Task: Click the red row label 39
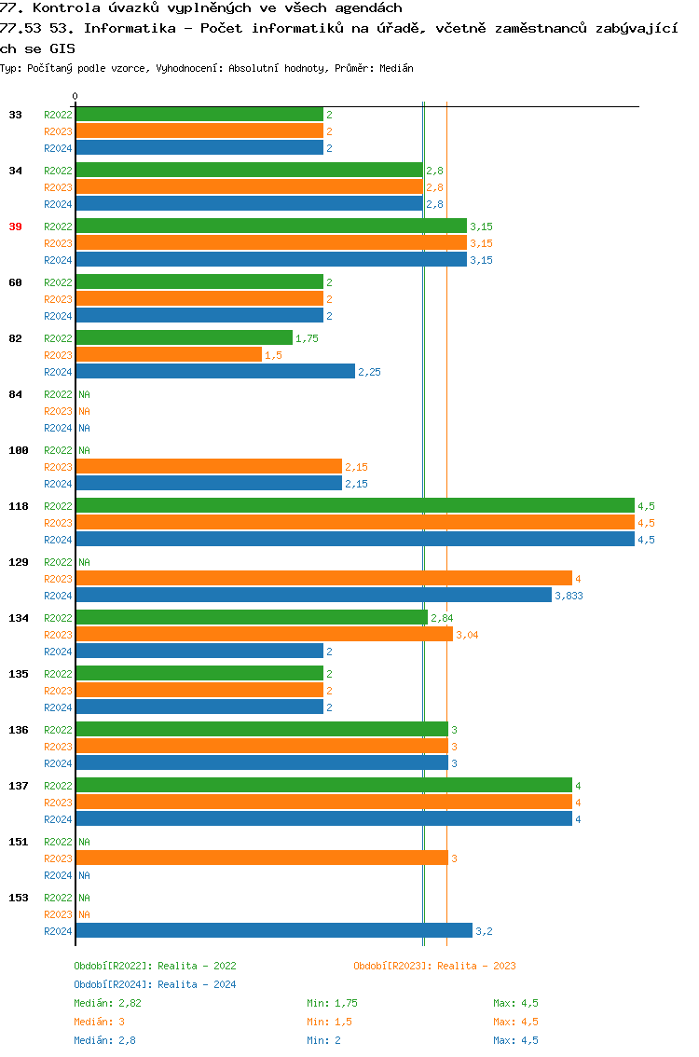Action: coord(15,226)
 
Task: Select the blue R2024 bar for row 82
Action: coord(215,372)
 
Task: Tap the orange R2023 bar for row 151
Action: coord(262,858)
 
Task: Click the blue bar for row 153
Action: coord(274,931)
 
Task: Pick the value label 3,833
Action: coord(569,596)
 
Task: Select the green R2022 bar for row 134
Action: coord(252,618)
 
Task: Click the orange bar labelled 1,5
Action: coord(169,355)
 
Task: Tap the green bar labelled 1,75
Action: coord(184,338)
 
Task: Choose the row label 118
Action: coord(19,506)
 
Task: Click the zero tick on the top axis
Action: coord(75,96)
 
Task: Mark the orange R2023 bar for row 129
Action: coord(323,579)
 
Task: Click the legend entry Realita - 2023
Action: coord(434,966)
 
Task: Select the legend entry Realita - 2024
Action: coord(155,984)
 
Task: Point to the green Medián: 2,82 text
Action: coord(107,1003)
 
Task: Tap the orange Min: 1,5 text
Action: coord(329,1022)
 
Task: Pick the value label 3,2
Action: coord(484,931)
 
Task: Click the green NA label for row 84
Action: coord(84,394)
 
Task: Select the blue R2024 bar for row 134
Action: coord(199,652)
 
